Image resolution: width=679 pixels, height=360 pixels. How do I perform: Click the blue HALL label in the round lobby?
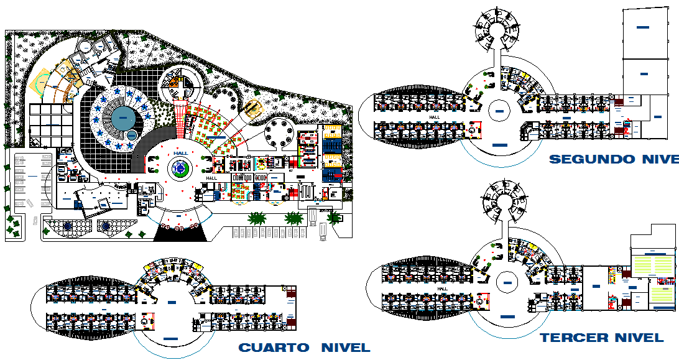point(181,154)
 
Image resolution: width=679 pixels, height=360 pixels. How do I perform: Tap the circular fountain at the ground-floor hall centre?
point(180,168)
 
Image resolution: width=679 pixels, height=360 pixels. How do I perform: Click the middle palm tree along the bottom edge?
point(293,218)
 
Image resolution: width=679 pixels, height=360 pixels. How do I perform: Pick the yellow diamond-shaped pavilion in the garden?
point(252,109)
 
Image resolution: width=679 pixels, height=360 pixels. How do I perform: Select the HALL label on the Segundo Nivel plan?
point(434,116)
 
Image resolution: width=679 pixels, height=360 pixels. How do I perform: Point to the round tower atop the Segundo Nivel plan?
point(497,29)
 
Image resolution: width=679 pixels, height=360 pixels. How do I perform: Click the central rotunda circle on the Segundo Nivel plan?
point(499,111)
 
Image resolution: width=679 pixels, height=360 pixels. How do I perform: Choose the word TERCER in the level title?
point(572,338)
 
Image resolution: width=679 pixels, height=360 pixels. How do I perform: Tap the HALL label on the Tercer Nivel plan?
point(443,288)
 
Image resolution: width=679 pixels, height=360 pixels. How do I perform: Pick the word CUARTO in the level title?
point(274,348)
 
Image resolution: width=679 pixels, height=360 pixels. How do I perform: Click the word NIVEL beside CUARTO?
point(345,348)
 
